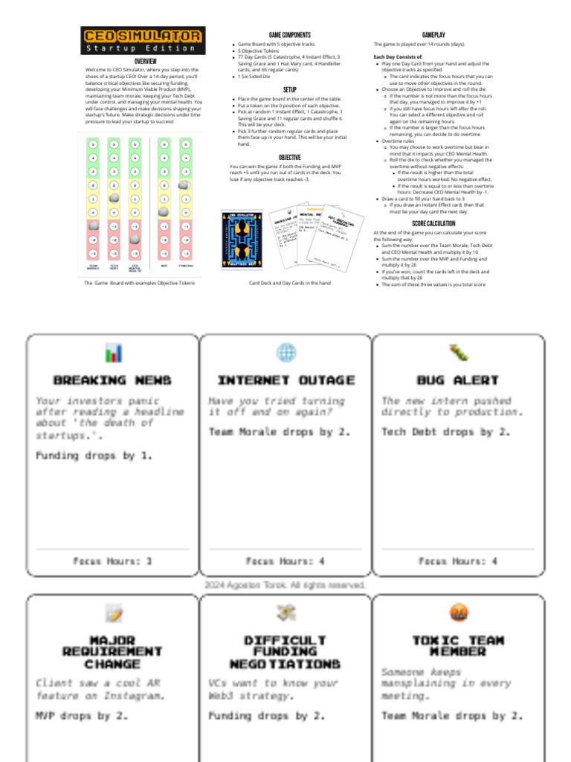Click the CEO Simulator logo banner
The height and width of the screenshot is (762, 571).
pos(142,40)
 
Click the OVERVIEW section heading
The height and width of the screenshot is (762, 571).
pos(145,61)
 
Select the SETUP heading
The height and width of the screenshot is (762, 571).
pos(289,89)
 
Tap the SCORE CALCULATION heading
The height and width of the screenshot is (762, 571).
pos(433,223)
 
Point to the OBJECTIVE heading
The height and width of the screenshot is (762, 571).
pos(289,157)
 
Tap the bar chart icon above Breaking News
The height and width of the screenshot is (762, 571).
pos(113,352)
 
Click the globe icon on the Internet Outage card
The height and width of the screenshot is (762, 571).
pos(285,352)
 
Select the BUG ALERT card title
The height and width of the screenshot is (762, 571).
pos(457,380)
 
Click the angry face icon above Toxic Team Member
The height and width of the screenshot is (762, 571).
pos(458,612)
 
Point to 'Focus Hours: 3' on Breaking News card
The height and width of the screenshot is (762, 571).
pos(113,561)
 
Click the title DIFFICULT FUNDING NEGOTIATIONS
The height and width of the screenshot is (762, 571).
pos(285,652)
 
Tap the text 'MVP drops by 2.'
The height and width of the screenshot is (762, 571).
pos(82,716)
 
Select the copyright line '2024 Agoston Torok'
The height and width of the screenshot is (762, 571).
pos(285,586)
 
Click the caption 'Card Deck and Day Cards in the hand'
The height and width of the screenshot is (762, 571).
pos(289,284)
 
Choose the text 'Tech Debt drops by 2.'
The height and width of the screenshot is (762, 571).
pos(446,432)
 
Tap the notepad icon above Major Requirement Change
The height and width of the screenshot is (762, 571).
pos(113,612)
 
